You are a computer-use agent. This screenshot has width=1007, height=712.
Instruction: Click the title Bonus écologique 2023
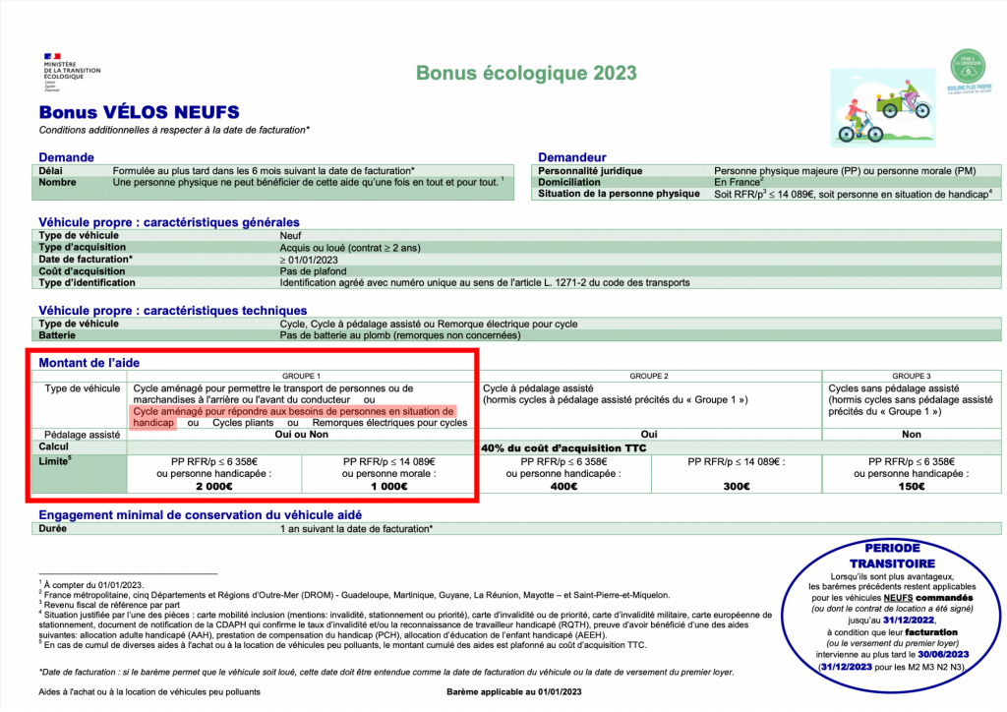pos(526,74)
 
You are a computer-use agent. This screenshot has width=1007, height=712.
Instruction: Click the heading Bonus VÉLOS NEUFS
pos(139,113)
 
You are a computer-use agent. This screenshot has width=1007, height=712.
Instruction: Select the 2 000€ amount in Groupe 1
pos(214,486)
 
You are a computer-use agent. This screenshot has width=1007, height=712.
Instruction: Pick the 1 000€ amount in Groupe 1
pos(388,486)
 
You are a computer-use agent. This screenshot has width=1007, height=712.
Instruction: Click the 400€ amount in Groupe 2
pos(563,486)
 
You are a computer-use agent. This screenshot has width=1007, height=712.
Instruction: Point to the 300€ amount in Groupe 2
pos(737,486)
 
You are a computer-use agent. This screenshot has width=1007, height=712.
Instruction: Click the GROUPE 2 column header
pos(649,377)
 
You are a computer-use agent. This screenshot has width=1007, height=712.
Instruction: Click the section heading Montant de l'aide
pos(88,363)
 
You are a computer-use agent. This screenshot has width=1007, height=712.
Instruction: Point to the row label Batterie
pos(61,335)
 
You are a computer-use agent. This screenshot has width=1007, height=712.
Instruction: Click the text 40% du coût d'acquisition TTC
pos(563,446)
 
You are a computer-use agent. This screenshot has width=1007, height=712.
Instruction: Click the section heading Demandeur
pos(572,157)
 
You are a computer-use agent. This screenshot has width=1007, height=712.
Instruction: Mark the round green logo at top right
pos(968,66)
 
